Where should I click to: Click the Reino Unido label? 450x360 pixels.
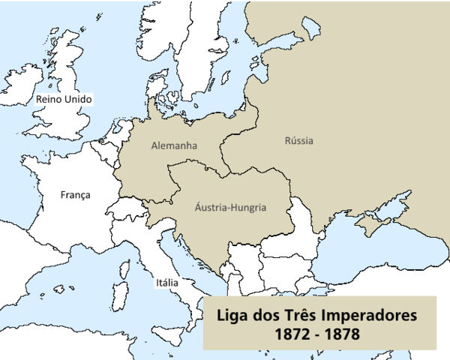tap(64, 99)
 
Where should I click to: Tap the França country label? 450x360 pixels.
tap(75, 195)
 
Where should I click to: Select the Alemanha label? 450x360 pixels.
tap(173, 145)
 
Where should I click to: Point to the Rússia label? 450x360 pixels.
tap(299, 141)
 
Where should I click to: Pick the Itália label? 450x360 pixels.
tap(166, 283)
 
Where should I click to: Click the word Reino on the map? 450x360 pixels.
tap(49, 99)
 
